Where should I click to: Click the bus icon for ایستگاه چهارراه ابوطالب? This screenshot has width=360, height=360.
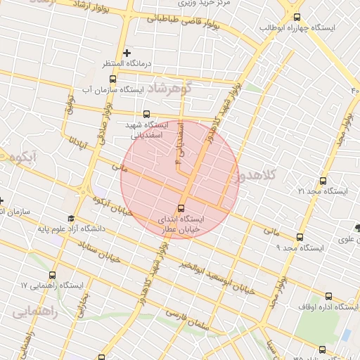(297, 17)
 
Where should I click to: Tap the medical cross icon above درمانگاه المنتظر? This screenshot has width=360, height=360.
(127, 53)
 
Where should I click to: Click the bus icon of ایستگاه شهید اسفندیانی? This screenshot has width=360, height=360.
(146, 113)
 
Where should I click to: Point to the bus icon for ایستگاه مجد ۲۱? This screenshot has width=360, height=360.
(323, 181)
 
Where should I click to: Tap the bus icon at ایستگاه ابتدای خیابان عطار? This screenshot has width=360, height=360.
(181, 208)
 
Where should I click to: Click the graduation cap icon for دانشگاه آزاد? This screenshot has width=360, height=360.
(70, 219)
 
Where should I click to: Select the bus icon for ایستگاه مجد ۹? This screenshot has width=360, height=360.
(300, 238)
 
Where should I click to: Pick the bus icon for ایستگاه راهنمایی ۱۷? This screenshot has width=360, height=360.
(53, 275)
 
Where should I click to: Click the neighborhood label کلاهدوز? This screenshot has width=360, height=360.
(258, 173)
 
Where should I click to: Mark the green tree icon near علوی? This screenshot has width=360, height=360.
(358, 227)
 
